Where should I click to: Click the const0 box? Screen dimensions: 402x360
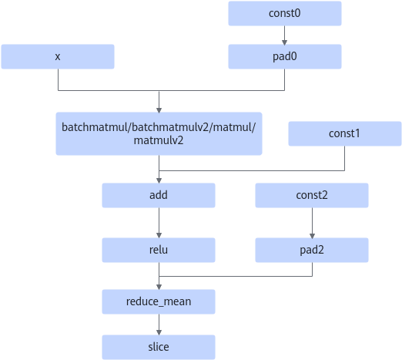285,13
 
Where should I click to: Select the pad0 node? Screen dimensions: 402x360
285,56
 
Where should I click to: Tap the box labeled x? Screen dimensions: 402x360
58,56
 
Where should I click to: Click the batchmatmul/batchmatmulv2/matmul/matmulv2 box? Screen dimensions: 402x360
159,133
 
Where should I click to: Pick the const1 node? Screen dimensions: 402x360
345,133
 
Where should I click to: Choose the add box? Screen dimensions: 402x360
159,195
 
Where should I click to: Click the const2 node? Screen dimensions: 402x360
312,195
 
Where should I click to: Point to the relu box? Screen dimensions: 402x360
159,250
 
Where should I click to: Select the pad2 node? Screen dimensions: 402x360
312,250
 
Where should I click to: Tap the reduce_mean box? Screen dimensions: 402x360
159,301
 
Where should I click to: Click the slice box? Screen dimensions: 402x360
159,347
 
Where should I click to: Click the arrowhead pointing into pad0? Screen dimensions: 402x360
284,42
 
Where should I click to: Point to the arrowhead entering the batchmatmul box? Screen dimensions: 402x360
159,110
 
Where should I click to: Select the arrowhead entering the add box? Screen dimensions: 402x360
159,181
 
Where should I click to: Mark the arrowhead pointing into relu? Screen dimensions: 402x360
159,236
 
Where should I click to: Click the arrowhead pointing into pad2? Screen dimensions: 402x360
312,236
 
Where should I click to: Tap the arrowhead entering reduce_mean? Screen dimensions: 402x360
159,288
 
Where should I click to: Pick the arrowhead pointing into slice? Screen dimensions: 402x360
159,333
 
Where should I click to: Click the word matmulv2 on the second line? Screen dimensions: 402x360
159,140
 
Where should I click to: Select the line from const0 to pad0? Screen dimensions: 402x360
284,35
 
